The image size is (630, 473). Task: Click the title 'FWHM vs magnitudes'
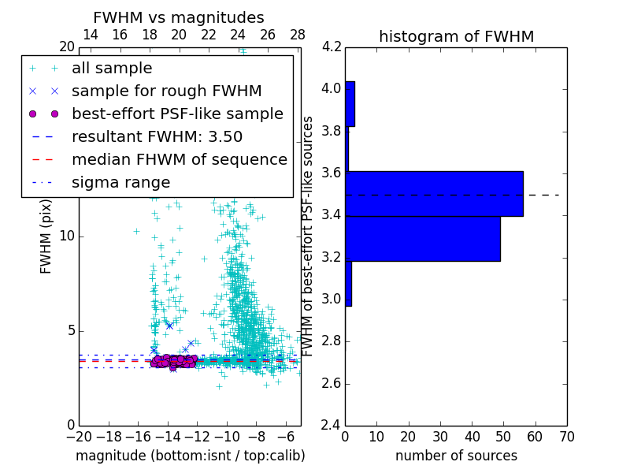pos(179,17)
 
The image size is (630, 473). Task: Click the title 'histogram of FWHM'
pos(456,36)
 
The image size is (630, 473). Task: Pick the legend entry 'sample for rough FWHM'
pos(166,91)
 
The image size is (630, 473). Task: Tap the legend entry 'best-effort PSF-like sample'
pos(177,114)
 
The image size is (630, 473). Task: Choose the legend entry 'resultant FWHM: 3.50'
pos(157,136)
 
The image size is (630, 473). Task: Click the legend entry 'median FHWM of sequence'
pos(179,159)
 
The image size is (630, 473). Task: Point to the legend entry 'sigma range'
pos(120,182)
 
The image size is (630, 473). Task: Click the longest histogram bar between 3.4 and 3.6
pos(434,193)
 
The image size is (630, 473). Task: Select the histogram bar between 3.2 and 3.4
pos(423,238)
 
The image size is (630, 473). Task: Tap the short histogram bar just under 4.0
pos(350,103)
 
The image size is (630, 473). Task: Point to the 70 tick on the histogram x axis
pos(566,437)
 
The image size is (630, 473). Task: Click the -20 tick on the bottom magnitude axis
pos(79,437)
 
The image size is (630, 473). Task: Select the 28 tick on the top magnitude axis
pos(298,35)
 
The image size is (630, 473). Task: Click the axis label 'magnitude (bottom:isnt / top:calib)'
pos(190,456)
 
